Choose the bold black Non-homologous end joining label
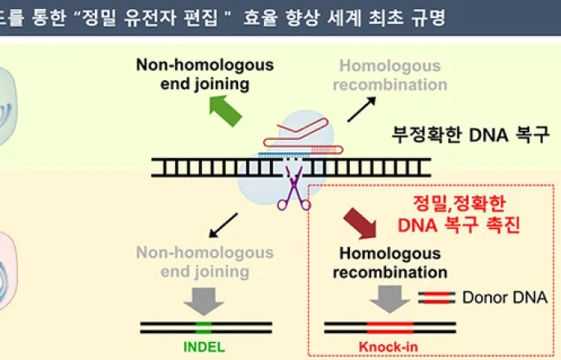(x=204, y=74)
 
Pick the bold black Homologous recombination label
(x=389, y=262)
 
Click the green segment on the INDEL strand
(x=205, y=327)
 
